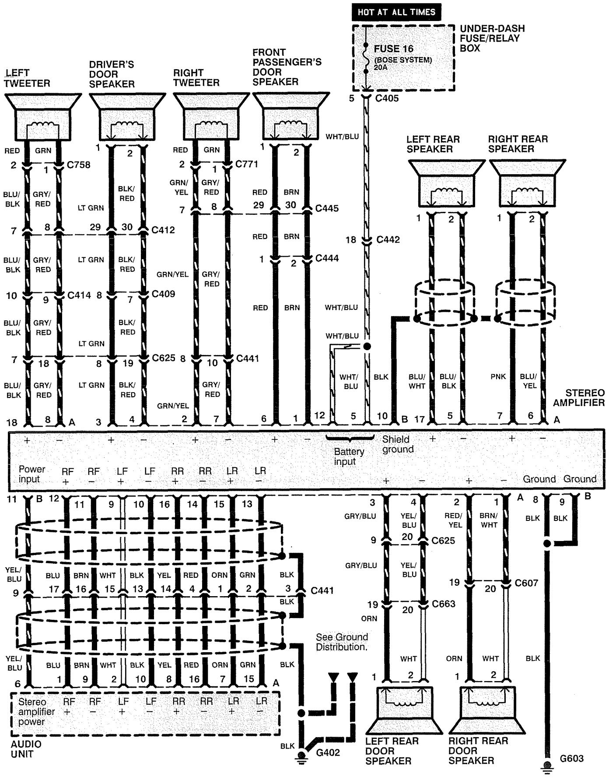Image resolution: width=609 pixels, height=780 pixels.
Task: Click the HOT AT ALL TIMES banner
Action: coord(396,12)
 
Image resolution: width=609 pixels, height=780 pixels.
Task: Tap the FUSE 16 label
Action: coord(393,49)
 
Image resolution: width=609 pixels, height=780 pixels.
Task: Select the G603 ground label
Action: coord(571,759)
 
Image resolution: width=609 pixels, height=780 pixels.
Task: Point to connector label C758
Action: coord(79,165)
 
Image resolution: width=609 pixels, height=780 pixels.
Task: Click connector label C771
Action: coord(247,164)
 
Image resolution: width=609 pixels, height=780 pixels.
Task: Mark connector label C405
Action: coord(387,98)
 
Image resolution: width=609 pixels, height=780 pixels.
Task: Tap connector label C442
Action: coord(388,240)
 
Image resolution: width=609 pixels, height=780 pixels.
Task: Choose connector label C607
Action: coord(526,583)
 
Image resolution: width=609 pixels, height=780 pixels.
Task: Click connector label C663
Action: coord(443,604)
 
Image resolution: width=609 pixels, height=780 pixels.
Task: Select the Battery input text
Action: coord(349,457)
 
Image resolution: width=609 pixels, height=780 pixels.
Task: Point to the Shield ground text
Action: coord(398,444)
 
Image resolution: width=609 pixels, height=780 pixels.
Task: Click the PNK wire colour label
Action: coord(498,376)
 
